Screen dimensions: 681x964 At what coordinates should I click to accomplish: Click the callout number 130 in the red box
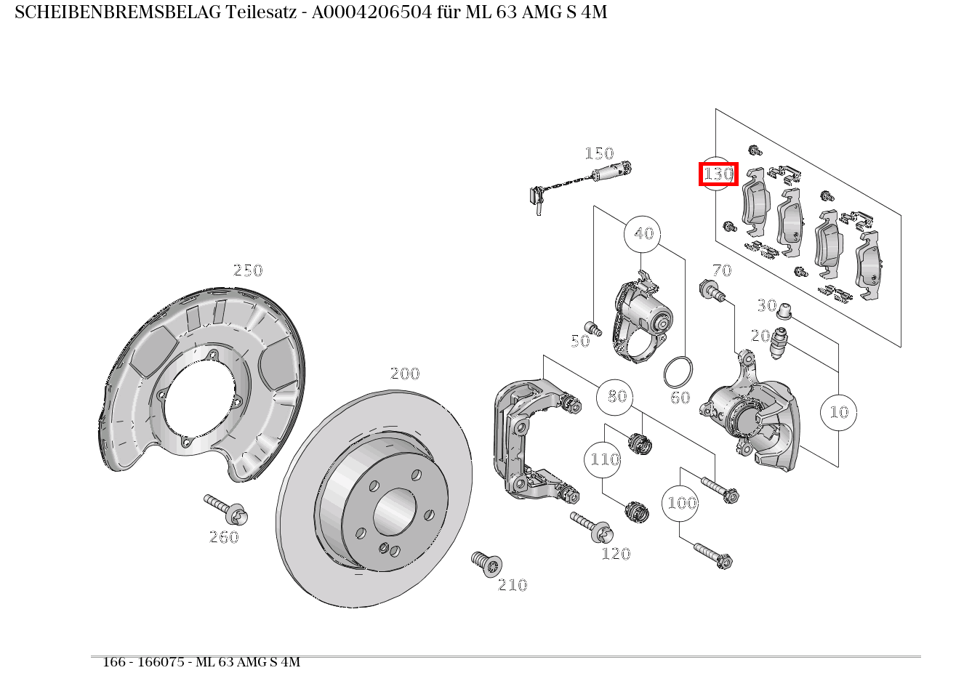click(718, 174)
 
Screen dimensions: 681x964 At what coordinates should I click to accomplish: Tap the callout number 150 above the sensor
click(599, 153)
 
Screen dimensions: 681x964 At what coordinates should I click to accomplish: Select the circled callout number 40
click(643, 234)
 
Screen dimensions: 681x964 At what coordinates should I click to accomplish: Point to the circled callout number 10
click(838, 412)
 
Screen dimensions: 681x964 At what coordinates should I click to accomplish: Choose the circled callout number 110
click(603, 459)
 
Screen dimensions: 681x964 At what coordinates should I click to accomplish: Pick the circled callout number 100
click(680, 503)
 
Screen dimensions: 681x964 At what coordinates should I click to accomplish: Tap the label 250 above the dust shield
click(247, 270)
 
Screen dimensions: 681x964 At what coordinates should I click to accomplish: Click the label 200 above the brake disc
click(405, 374)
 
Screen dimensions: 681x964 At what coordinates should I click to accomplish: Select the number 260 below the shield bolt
click(224, 537)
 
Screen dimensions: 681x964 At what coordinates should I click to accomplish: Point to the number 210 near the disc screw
click(513, 585)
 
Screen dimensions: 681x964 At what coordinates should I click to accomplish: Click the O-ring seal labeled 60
click(678, 371)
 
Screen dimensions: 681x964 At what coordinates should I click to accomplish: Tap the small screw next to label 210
click(486, 563)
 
